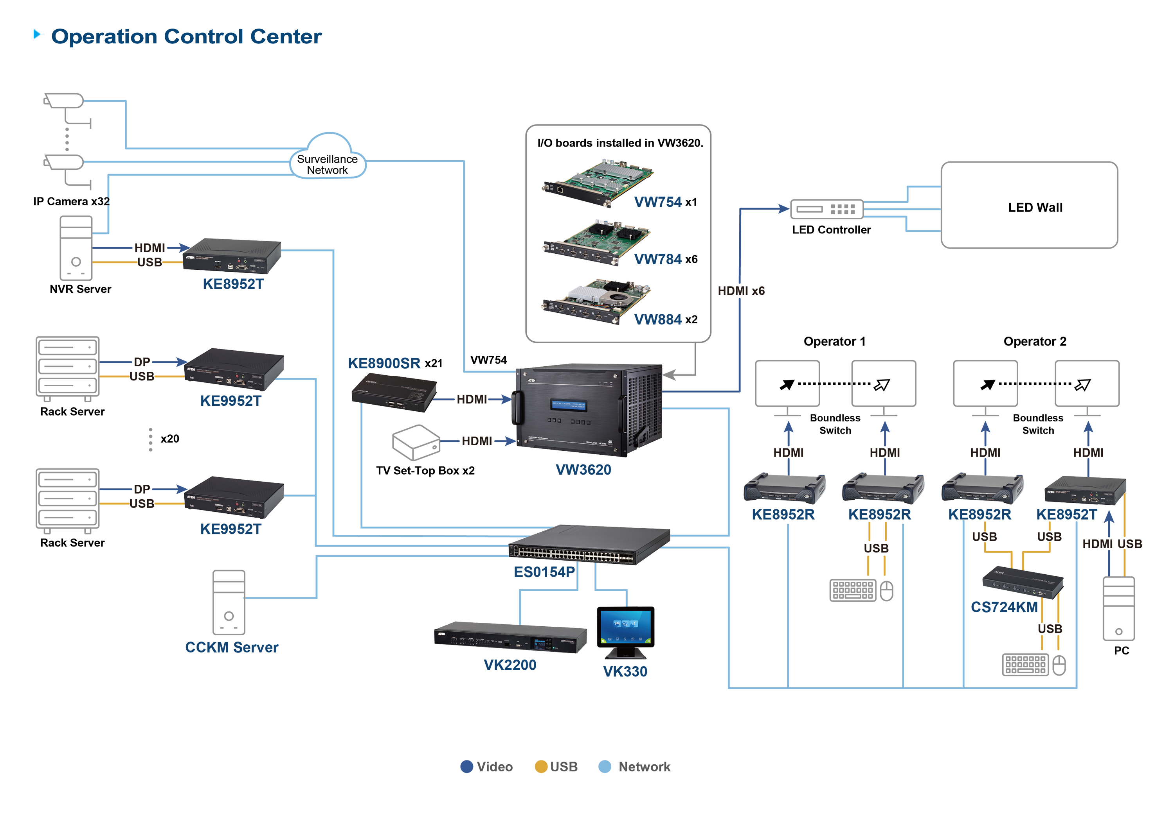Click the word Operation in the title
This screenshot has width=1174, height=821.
104,37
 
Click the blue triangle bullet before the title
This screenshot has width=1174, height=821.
38,35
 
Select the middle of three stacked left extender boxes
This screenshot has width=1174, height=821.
233,370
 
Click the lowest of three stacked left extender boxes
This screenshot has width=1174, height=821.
233,498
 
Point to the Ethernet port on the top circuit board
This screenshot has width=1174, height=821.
560,190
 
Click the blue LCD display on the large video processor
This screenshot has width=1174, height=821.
569,406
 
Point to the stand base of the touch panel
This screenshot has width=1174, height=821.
624,653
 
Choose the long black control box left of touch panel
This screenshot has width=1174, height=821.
511,638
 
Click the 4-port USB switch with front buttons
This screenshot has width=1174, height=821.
1023,583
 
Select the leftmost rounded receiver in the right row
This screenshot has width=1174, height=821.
782,489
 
